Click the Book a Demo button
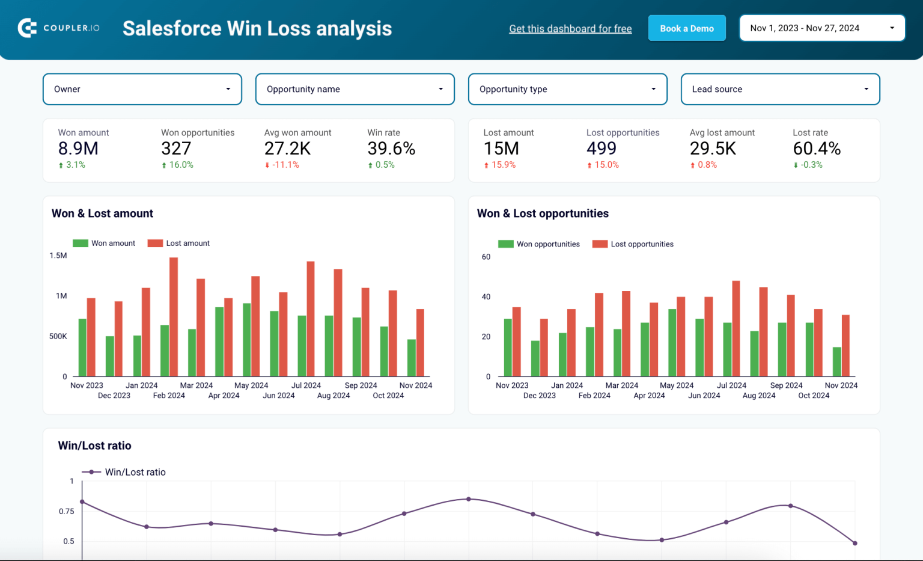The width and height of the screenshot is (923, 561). (686, 28)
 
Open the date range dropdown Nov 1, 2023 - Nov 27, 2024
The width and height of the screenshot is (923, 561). (821, 28)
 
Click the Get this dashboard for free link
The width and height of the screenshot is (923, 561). (570, 29)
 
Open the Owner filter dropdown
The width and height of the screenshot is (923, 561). (142, 89)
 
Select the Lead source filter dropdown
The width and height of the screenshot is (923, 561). (780, 89)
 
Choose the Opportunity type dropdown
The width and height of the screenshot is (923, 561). (567, 89)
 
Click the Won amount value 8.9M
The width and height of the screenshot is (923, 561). (78, 149)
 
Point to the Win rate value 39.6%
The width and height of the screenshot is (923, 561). (391, 149)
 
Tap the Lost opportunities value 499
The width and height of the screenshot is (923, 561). (602, 149)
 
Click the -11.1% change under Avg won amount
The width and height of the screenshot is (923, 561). (282, 165)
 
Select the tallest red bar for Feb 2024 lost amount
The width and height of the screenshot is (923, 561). (174, 317)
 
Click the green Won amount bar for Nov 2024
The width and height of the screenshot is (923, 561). (412, 358)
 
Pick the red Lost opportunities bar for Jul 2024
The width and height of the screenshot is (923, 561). (736, 329)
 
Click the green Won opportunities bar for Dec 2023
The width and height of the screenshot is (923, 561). (535, 359)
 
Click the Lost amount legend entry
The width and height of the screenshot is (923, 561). (179, 244)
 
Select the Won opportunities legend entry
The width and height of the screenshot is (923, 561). (539, 244)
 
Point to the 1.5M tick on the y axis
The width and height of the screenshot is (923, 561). (58, 256)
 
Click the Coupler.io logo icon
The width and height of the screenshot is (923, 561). (27, 28)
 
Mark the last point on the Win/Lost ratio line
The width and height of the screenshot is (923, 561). (854, 543)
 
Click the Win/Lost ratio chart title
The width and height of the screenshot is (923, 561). (94, 446)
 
